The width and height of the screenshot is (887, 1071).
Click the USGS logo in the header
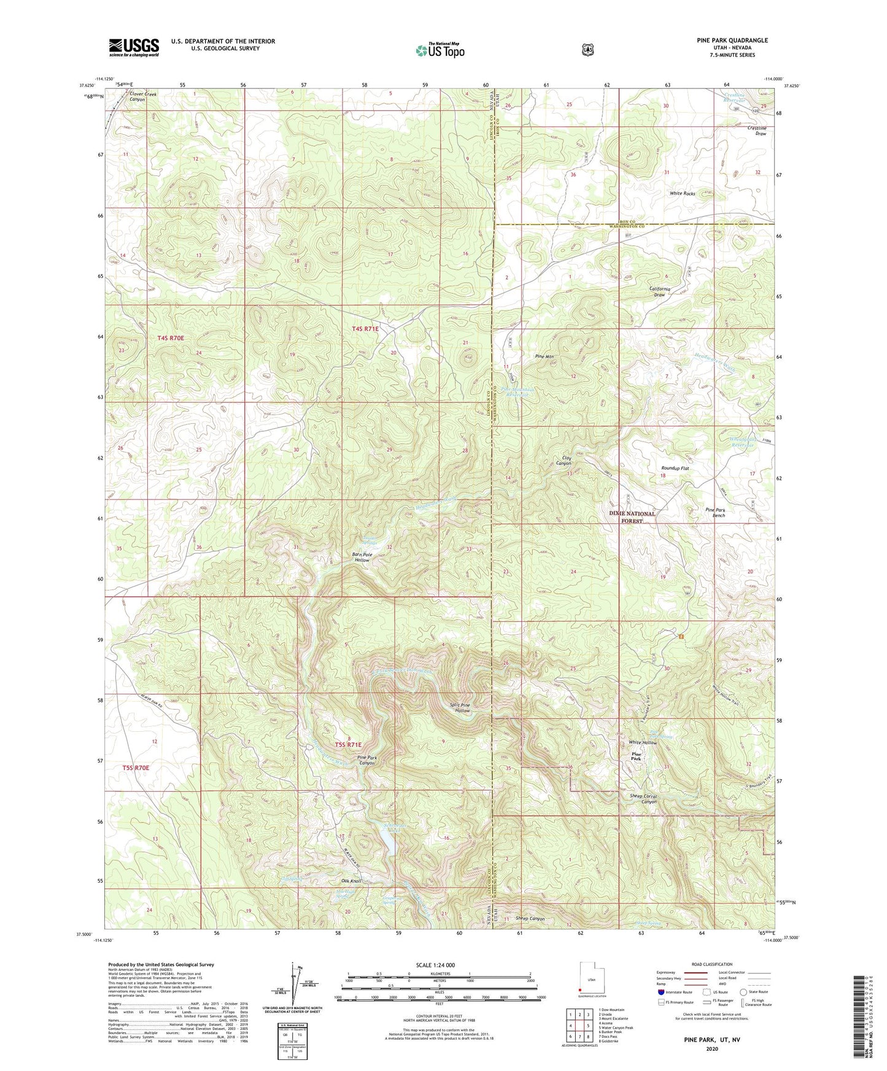[x=134, y=47]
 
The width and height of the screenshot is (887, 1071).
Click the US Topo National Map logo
[x=440, y=50]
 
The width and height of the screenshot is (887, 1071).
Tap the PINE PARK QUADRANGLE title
[x=732, y=40]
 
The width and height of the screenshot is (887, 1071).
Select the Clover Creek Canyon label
[x=142, y=97]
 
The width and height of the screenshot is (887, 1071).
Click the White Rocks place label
[x=682, y=193]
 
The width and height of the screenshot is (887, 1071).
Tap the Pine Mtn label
[x=544, y=356]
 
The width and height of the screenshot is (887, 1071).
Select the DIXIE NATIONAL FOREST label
[x=632, y=517]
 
